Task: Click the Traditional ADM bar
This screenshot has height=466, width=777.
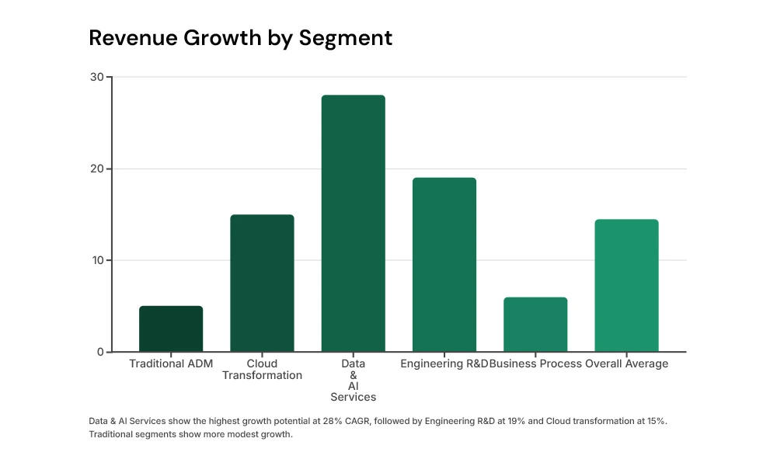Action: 171,329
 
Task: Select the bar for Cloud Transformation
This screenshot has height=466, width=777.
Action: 262,283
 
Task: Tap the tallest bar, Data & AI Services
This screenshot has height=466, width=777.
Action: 353,224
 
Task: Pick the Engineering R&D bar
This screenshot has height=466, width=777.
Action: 444,265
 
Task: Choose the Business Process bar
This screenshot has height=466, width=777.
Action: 535,325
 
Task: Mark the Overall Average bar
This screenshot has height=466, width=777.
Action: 626,286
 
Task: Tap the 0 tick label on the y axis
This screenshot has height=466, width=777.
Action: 99,352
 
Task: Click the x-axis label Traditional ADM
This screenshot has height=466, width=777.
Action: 171,363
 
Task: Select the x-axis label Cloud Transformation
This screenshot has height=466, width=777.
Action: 262,370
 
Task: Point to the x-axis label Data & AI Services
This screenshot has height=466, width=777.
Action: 353,381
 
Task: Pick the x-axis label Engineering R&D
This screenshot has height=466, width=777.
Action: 444,363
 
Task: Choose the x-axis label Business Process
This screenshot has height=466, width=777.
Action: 536,363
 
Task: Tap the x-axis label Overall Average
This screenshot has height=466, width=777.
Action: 626,363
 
